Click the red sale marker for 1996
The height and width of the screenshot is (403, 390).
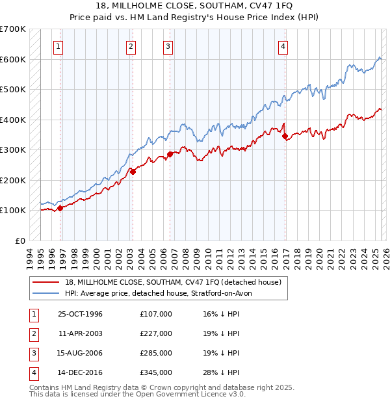click(60, 208)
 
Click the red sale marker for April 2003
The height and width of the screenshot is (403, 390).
click(132, 172)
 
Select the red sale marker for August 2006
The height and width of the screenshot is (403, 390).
click(170, 155)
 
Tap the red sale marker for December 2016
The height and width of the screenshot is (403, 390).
click(285, 136)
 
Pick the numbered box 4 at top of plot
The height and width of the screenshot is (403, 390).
click(283, 46)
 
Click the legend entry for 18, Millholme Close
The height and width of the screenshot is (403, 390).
click(172, 282)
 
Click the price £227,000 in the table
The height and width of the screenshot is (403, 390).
click(155, 333)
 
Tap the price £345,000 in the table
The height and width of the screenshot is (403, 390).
click(155, 372)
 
